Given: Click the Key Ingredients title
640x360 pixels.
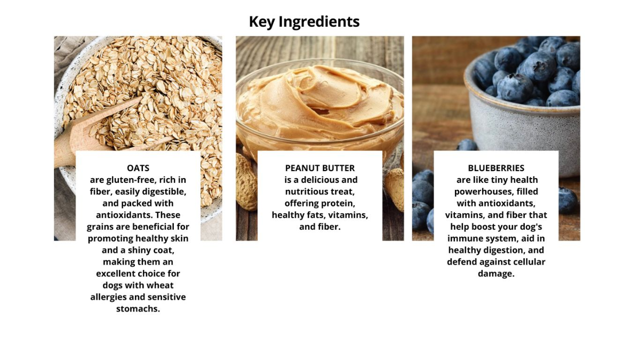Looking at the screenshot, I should [x=304, y=22].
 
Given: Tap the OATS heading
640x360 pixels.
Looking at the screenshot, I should [x=138, y=168].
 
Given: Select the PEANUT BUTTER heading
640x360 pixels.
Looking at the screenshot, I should [x=320, y=168].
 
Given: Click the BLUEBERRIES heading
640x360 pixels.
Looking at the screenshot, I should [x=496, y=168].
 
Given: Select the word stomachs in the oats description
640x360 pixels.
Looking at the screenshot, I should [x=138, y=309].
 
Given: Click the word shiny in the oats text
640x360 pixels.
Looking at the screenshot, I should [x=138, y=250].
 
